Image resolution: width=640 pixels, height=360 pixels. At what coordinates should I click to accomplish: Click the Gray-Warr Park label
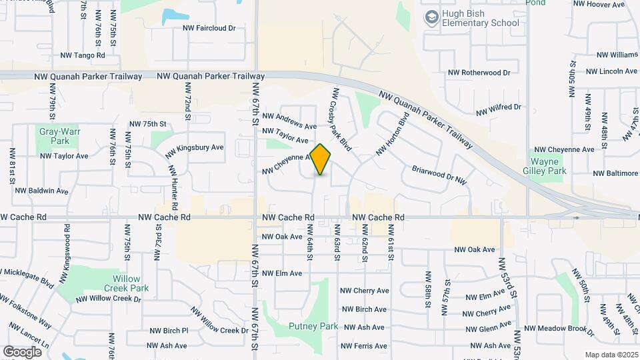tap(55, 136)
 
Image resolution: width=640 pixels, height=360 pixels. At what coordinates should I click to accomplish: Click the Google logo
tap(22, 351)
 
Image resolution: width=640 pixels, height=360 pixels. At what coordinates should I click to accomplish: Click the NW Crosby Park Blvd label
tap(341, 119)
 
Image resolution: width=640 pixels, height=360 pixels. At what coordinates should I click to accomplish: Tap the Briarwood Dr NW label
tap(439, 175)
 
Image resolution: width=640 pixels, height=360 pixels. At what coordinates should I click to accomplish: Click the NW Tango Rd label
tap(83, 55)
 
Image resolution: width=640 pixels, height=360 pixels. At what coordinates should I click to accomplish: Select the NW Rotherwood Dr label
tap(479, 72)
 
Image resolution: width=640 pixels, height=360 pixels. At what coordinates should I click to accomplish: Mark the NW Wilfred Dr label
tap(498, 107)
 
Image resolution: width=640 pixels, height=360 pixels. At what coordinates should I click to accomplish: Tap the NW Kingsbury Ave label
tap(199, 149)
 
